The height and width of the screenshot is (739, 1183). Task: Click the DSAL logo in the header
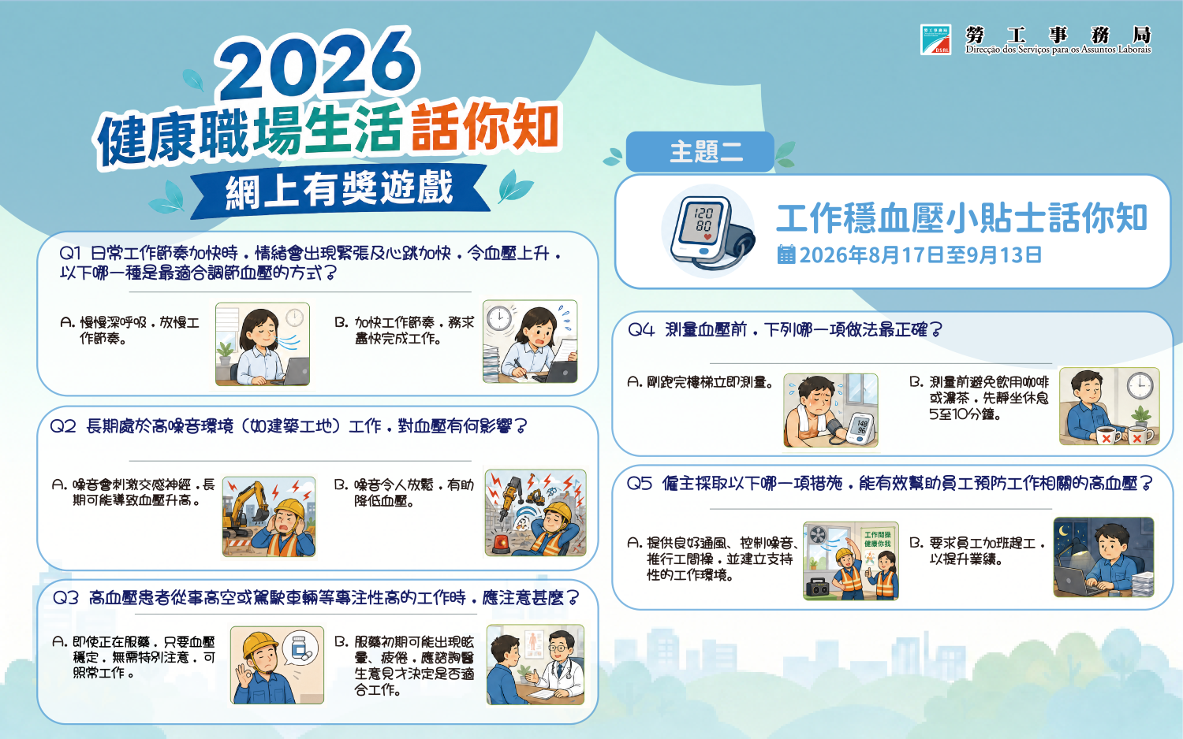click(935, 39)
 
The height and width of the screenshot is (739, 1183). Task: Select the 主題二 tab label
click(706, 152)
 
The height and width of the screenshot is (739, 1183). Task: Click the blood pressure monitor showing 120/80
click(709, 232)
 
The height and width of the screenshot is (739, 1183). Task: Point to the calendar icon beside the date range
click(786, 254)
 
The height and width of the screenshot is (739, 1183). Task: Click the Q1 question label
click(70, 253)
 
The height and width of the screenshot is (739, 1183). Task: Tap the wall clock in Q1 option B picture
click(498, 318)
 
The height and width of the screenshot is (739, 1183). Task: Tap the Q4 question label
click(640, 330)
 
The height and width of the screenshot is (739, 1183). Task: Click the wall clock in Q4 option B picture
click(1140, 386)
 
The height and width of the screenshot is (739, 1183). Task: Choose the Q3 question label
click(65, 598)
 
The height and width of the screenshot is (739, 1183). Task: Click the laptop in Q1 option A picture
click(297, 371)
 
